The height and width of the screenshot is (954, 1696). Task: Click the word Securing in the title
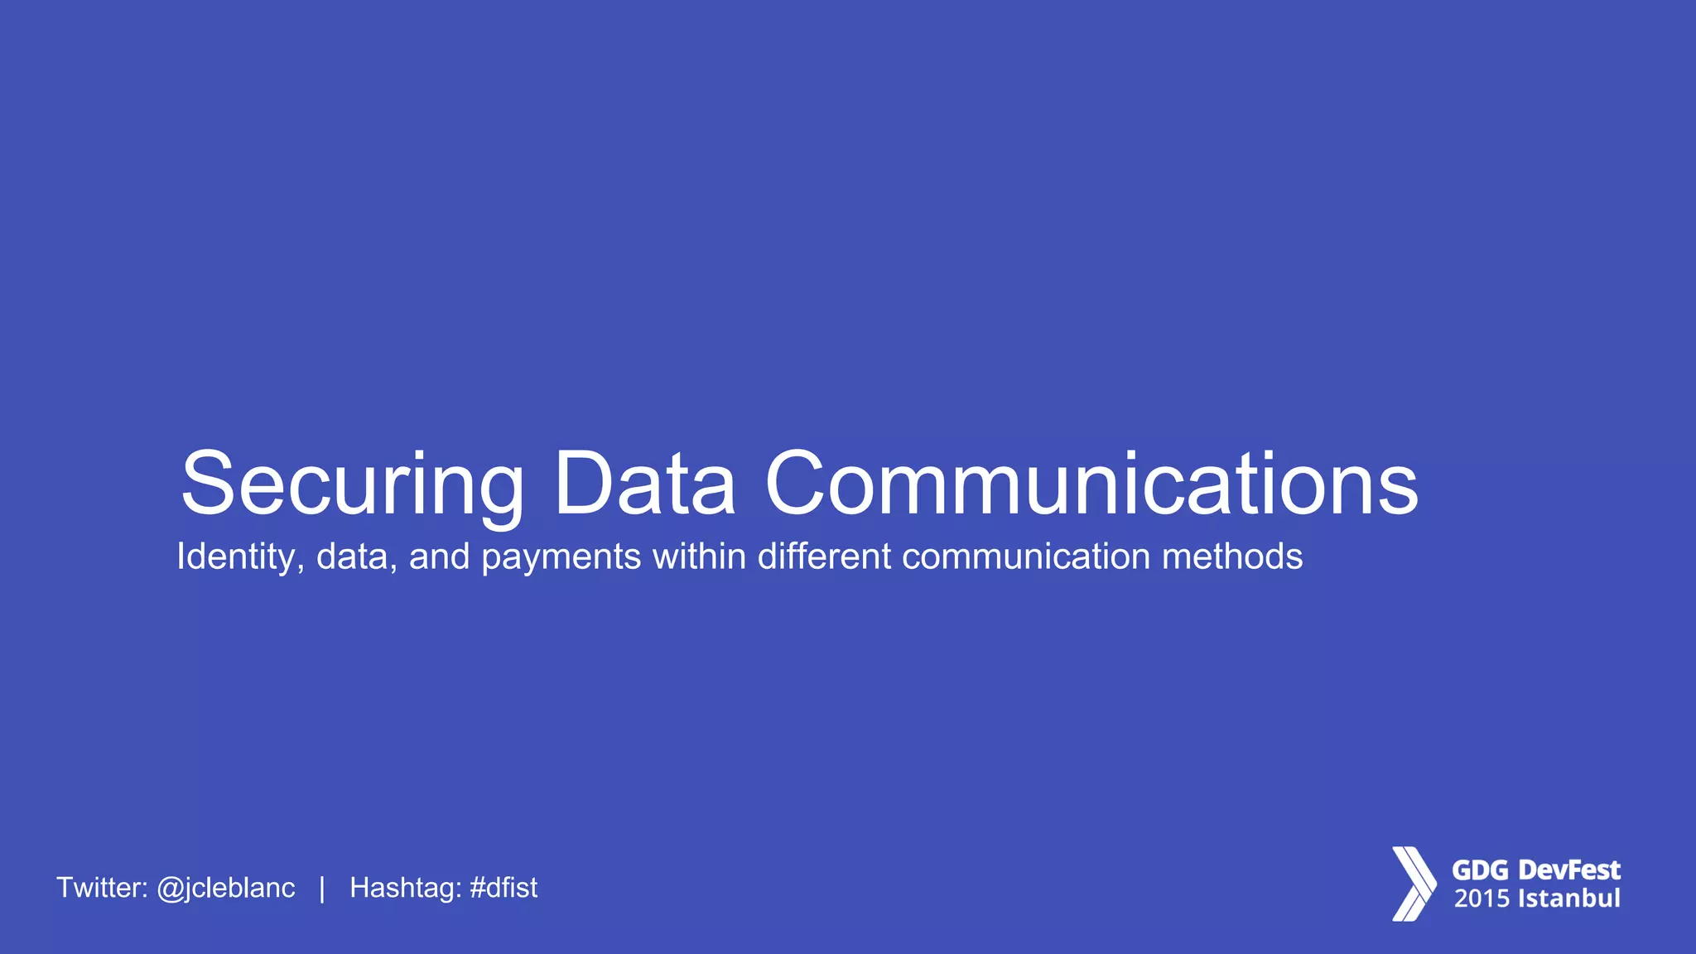coord(352,484)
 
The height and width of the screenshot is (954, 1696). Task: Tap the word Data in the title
coord(644,484)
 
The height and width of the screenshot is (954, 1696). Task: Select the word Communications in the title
coord(1091,484)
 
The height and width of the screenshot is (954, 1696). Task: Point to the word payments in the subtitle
coord(561,556)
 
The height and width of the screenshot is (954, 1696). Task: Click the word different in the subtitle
coord(824,556)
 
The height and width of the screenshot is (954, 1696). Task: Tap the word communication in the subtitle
coord(1026,556)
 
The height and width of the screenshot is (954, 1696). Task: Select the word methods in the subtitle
coord(1232,556)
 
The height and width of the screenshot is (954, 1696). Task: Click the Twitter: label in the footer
coord(102,888)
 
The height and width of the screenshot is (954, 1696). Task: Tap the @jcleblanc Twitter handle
coord(225,888)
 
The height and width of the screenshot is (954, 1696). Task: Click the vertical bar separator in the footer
coord(322,888)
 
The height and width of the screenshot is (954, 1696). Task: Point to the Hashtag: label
coord(405,888)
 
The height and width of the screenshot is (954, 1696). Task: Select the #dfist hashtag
coord(503,888)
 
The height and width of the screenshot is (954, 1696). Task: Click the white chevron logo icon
coord(1413,884)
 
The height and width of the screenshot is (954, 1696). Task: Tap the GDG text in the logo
coord(1481,870)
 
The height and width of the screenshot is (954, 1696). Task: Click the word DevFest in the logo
coord(1569,870)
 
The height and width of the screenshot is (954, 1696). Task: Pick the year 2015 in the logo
coord(1482,899)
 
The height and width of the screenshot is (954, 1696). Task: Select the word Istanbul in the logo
coord(1568,899)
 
